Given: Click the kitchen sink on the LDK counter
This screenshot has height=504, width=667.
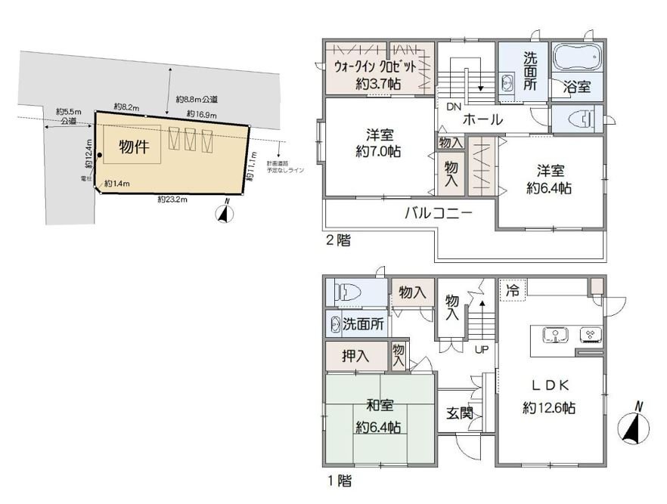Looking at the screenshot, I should (557, 334).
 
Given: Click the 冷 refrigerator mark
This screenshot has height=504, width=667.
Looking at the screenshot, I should (513, 289).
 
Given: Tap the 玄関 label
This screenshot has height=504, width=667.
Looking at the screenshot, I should (459, 413).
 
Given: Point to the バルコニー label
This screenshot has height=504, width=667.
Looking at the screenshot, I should (438, 213).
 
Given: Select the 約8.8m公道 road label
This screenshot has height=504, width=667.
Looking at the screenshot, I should (197, 99).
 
